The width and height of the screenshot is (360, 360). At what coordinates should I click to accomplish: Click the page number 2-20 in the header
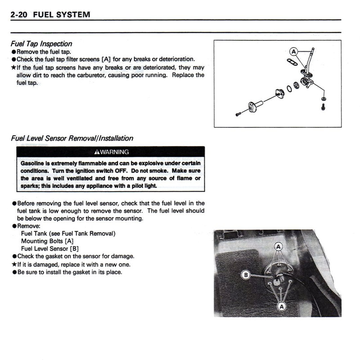click(19, 14)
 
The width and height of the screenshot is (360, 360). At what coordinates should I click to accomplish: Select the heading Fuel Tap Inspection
click(41, 44)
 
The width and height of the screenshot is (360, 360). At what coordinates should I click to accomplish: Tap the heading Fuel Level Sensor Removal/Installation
click(72, 138)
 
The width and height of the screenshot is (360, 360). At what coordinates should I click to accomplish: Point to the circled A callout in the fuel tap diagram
click(293, 51)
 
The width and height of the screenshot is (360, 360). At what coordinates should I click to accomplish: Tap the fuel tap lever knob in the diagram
click(255, 108)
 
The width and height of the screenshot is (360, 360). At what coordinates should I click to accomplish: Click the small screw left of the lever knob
click(238, 114)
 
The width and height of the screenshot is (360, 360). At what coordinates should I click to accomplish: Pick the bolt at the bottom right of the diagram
click(323, 107)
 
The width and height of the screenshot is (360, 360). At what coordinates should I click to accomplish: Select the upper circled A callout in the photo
click(278, 247)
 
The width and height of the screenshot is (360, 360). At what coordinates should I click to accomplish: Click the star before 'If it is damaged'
click(14, 265)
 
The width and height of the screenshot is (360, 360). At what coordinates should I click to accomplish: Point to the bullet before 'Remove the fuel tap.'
click(14, 52)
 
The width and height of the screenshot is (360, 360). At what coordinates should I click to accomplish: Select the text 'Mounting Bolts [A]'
click(47, 241)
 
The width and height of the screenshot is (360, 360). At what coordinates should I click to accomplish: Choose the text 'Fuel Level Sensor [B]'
click(50, 249)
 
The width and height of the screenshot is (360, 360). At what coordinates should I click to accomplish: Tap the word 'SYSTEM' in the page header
click(72, 14)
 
